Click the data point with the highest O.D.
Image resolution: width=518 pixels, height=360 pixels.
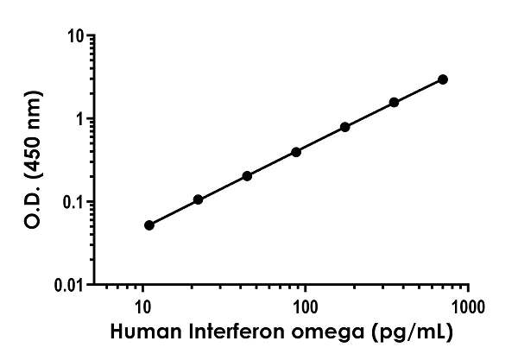[443, 79]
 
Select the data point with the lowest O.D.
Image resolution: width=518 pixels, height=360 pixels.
[149, 225]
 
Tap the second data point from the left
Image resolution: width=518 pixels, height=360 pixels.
[199, 199]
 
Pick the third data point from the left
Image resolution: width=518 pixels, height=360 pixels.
[247, 176]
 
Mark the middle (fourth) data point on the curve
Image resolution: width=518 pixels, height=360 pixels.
[296, 152]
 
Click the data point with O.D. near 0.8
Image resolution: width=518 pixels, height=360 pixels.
[345, 127]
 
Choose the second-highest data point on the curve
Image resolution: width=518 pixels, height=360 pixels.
[395, 102]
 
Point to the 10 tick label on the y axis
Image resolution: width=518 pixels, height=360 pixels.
[75, 37]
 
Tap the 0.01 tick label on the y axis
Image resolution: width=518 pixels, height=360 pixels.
[68, 285]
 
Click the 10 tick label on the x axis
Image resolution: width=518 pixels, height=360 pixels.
[143, 306]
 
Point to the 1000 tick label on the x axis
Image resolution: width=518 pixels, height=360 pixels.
[467, 306]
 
